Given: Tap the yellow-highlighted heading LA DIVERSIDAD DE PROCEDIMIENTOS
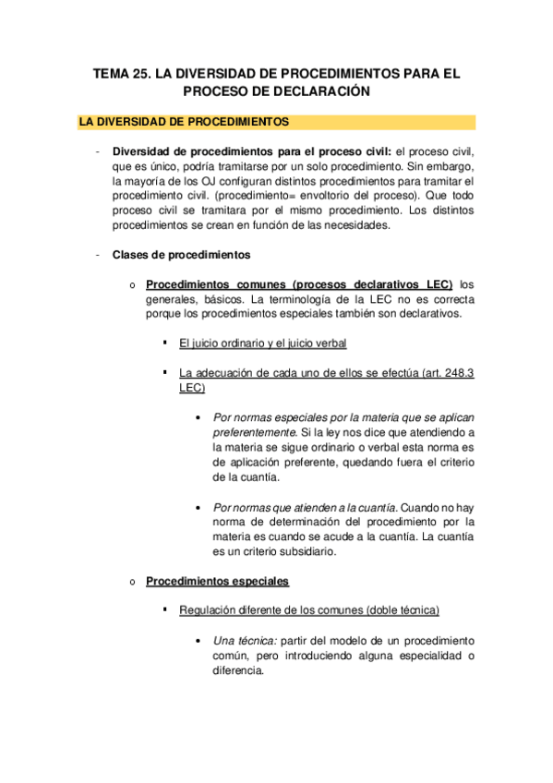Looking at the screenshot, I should (x=185, y=122).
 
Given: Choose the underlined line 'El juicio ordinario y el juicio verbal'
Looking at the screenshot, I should (x=263, y=343).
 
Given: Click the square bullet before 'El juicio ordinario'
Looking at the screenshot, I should (x=163, y=343).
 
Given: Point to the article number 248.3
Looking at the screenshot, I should (x=456, y=373).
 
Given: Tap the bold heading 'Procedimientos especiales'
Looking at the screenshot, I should (x=218, y=581).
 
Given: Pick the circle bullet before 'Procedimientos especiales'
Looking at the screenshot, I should (x=134, y=582).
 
